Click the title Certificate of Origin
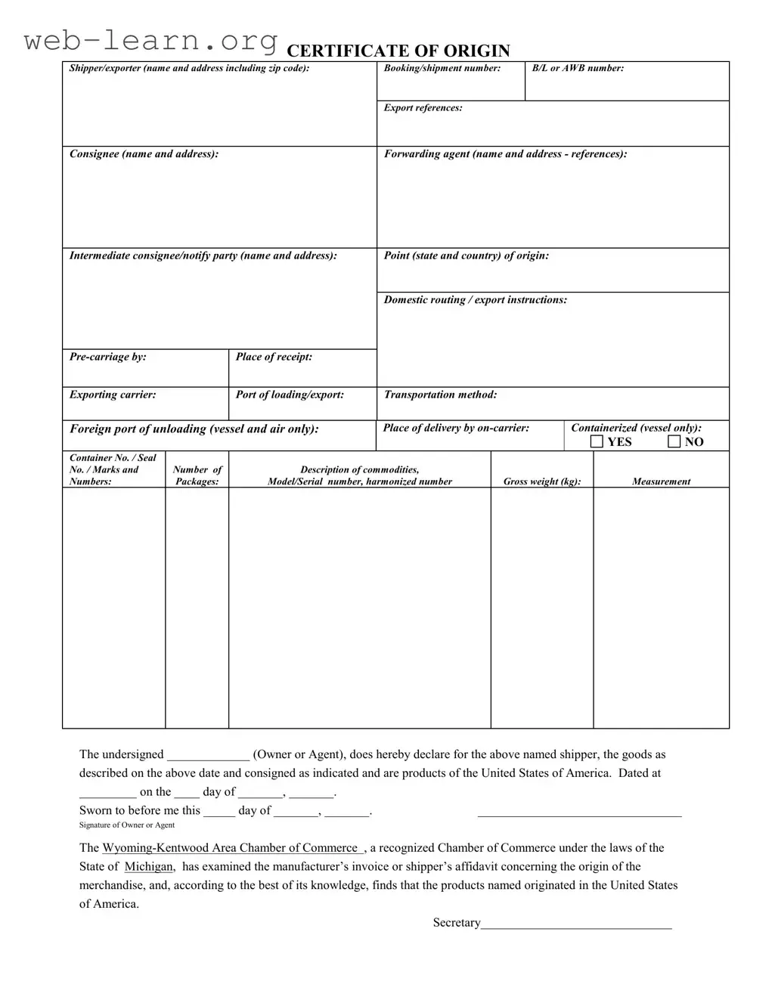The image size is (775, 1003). click(398, 51)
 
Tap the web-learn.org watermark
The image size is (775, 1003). click(151, 40)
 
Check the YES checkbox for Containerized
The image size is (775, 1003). click(597, 441)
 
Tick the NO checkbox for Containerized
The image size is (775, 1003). click(674, 441)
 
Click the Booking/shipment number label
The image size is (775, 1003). click(442, 68)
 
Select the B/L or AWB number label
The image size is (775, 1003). click(578, 68)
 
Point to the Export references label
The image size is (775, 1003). click(423, 108)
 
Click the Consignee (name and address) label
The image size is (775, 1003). click(144, 154)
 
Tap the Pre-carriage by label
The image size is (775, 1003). click(107, 357)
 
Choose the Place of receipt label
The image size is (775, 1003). click(274, 357)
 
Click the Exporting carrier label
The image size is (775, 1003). click(113, 395)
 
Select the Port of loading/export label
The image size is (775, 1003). click(290, 395)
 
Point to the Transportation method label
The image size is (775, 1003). click(440, 395)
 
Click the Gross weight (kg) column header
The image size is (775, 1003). click(542, 481)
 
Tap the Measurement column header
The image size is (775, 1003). click(661, 481)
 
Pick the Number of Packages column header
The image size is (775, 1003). click(197, 475)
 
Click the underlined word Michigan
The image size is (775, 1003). click(149, 867)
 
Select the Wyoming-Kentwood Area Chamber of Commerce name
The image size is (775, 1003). click(230, 848)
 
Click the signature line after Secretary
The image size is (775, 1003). click(576, 924)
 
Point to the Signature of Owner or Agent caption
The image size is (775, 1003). click(127, 825)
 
